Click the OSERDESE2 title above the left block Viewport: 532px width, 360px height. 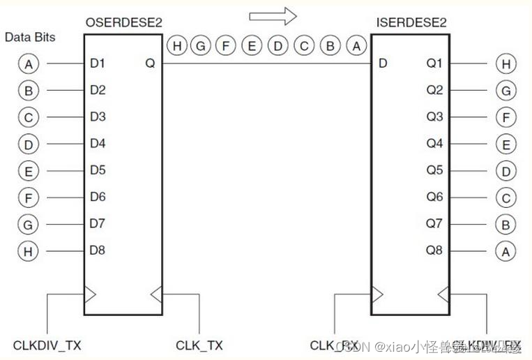click(x=124, y=23)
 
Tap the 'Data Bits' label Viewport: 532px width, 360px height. click(x=30, y=37)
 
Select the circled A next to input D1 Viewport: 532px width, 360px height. click(x=28, y=64)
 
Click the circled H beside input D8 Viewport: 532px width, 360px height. click(x=28, y=251)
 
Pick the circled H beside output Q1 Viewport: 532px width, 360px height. click(x=505, y=64)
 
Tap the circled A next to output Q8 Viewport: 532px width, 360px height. click(x=505, y=250)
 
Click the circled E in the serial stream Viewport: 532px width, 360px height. click(x=251, y=47)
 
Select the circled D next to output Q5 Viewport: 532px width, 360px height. click(x=505, y=171)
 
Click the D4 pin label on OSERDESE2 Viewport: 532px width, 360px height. click(x=98, y=144)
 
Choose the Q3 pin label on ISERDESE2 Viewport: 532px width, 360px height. click(x=434, y=117)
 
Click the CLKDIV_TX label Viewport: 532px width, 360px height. click(x=47, y=345)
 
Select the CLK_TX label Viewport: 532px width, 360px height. click(x=199, y=345)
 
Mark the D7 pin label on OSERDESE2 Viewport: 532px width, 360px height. click(x=98, y=223)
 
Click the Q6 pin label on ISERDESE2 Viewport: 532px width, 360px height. click(x=434, y=197)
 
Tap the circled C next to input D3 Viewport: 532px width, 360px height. click(x=28, y=117)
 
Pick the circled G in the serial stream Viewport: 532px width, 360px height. click(x=202, y=47)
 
